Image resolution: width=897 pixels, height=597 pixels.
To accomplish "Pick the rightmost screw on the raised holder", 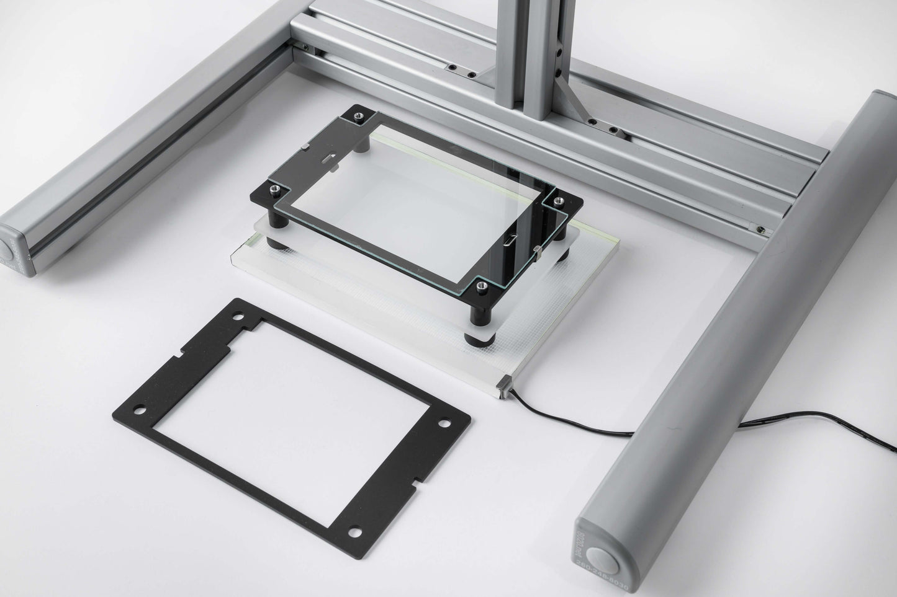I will (x=557, y=200).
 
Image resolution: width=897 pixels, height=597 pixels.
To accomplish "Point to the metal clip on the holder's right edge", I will (x=537, y=250).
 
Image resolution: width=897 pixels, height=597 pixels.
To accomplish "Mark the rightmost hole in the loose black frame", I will (x=445, y=423).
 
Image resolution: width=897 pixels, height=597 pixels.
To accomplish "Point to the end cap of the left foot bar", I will (x=14, y=250).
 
